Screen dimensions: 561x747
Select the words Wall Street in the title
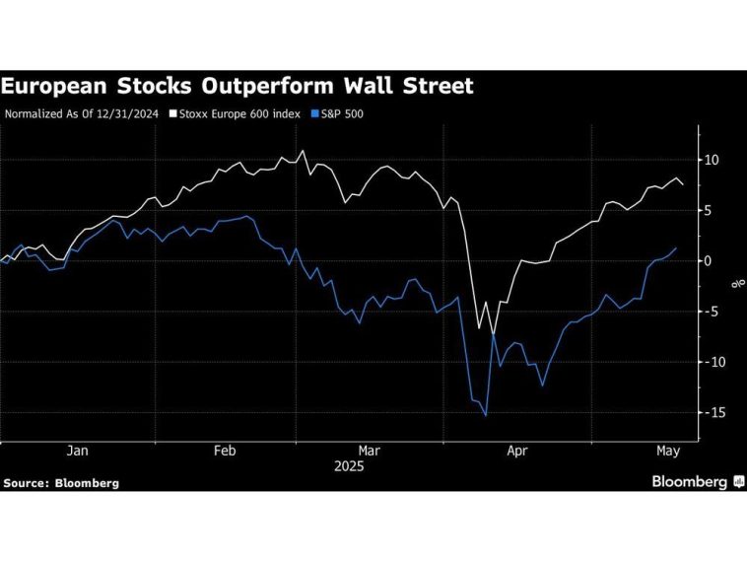click(411, 87)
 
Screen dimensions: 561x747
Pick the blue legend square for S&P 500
click(314, 114)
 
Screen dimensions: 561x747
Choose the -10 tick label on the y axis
click(711, 362)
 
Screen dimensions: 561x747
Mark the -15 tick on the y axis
click(711, 412)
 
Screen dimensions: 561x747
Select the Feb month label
click(224, 452)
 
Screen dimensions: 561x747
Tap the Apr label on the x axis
click(517, 452)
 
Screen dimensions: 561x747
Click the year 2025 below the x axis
click(348, 466)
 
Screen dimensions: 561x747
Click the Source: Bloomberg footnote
click(61, 483)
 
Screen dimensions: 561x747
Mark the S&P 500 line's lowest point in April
click(486, 415)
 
